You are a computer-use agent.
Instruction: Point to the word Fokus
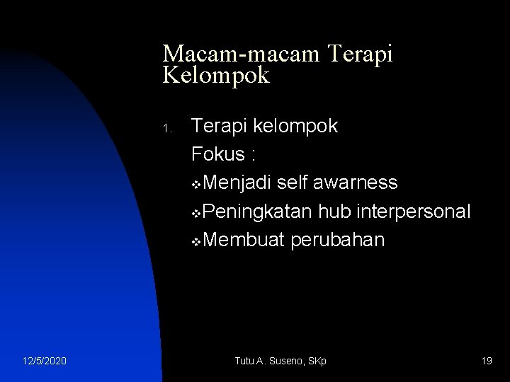click(x=219, y=155)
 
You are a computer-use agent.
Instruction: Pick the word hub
click(x=332, y=212)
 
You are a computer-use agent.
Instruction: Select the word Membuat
click(x=242, y=240)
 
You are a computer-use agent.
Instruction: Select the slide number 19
click(x=487, y=361)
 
